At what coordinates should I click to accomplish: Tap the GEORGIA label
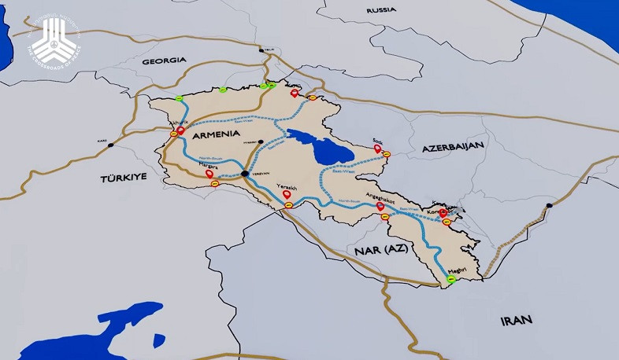click(164, 60)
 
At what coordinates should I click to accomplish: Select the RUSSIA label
click(381, 10)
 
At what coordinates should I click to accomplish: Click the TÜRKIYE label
click(124, 178)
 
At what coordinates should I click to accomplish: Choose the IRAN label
click(516, 320)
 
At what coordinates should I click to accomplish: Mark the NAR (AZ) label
click(375, 249)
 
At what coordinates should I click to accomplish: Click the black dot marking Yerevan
click(245, 174)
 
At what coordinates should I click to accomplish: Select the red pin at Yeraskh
click(286, 193)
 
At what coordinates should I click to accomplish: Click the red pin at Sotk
click(378, 147)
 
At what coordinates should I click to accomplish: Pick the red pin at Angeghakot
click(380, 206)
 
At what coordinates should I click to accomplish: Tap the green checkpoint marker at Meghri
click(451, 278)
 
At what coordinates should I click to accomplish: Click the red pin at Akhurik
click(180, 131)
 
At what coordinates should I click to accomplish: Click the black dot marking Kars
click(110, 145)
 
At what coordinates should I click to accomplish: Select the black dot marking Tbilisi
click(261, 51)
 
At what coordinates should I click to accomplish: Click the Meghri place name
click(458, 269)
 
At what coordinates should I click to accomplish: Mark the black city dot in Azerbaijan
click(549, 206)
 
